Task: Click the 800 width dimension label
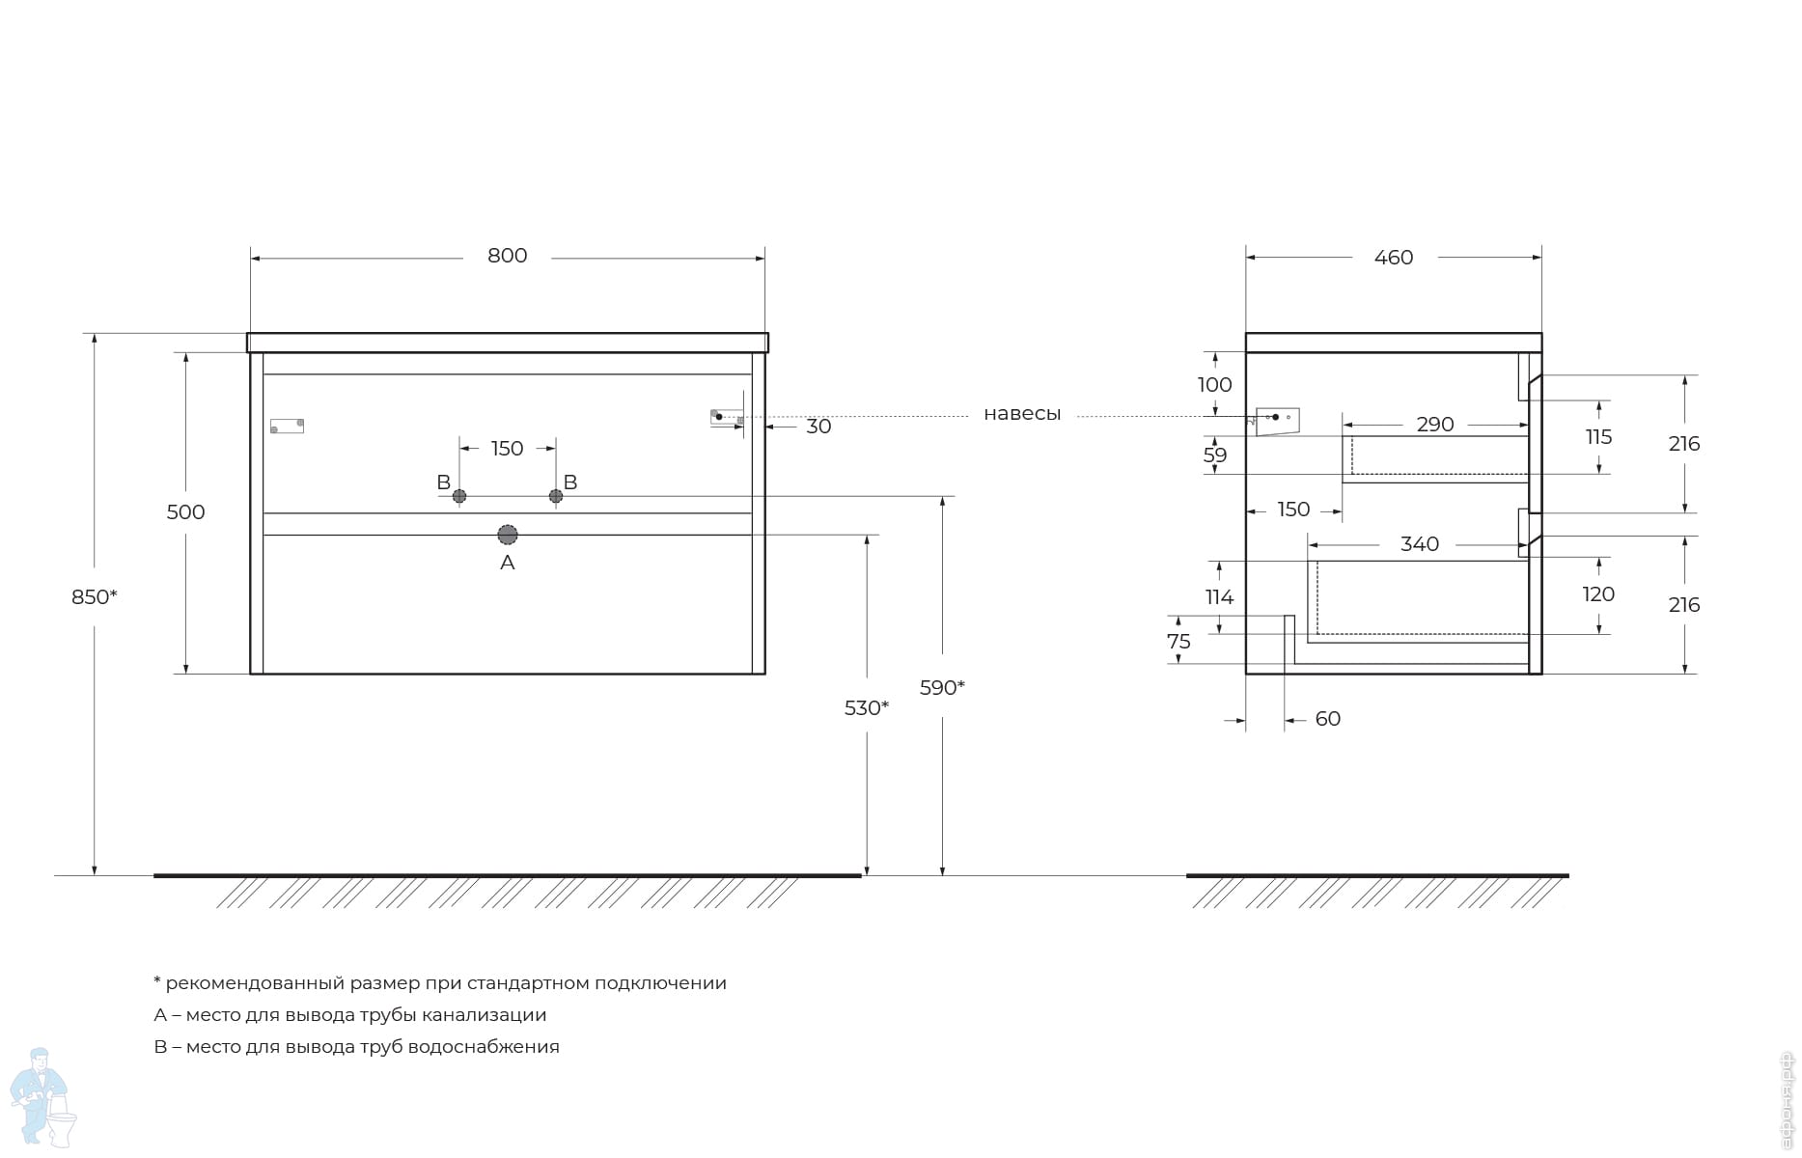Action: tap(507, 256)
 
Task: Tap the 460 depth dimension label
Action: tap(1393, 258)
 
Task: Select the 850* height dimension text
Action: tap(95, 597)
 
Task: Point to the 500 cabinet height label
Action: tap(185, 512)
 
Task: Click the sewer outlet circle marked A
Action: tap(508, 535)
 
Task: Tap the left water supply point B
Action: tap(459, 496)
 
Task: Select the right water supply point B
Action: tap(556, 496)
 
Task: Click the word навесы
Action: tap(1022, 414)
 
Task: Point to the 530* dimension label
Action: tap(867, 708)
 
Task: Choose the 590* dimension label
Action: tap(942, 688)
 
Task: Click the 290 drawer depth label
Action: tap(1435, 425)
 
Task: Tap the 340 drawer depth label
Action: tap(1420, 544)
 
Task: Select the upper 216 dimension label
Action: tap(1684, 444)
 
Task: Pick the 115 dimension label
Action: tap(1598, 437)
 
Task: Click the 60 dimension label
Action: tap(1328, 719)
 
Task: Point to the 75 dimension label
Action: tap(1178, 642)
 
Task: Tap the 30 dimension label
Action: tap(818, 427)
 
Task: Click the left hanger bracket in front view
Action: tap(287, 426)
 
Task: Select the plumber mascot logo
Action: tap(42, 1097)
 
